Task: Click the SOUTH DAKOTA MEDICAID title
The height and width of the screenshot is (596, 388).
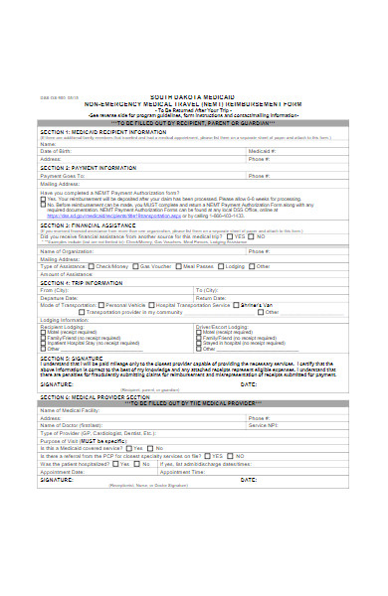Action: tap(193, 94)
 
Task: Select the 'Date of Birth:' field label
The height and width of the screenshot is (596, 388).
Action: tap(56, 151)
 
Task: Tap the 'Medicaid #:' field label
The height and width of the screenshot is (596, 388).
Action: tap(263, 151)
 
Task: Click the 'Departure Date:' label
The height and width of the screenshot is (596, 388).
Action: tap(59, 296)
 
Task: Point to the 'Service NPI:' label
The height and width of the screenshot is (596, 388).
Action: tap(264, 424)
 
